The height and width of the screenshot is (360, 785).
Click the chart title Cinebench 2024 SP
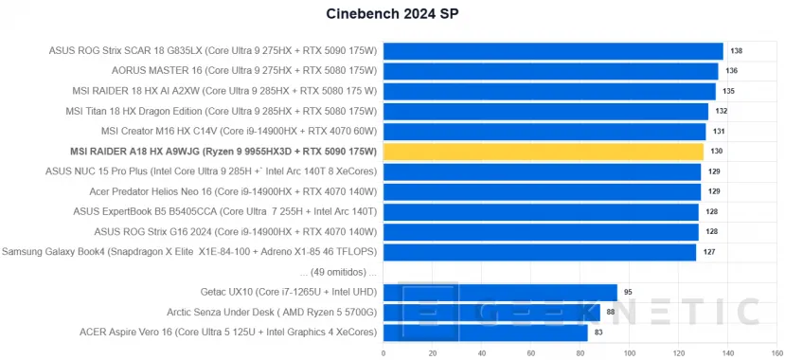(392, 14)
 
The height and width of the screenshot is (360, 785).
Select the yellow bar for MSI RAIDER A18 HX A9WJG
(543, 151)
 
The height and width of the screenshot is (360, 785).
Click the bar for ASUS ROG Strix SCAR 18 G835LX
(552, 51)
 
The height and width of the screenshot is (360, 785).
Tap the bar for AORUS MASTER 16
(550, 71)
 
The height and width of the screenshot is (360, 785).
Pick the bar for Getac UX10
(499, 292)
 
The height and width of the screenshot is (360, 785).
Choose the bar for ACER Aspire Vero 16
(485, 332)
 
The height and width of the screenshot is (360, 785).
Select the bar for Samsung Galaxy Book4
(539, 251)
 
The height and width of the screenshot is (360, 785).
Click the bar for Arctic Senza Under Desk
(491, 312)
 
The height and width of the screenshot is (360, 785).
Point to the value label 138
(736, 51)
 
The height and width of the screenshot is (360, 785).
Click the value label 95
(628, 292)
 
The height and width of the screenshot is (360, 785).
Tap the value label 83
(598, 332)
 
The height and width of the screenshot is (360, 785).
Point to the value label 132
(722, 111)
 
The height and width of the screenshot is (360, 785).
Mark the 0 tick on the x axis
(383, 352)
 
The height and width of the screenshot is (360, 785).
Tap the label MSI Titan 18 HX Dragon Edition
(221, 111)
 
